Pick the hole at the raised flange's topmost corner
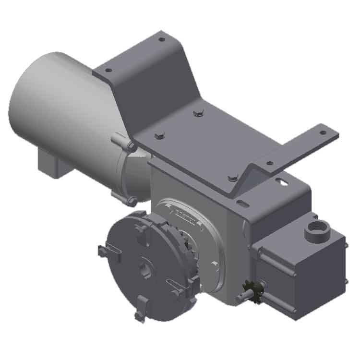point(162,39)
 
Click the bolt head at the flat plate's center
point(197,113)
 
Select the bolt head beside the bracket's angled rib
point(233,178)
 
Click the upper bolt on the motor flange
point(130,145)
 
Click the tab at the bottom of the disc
point(139,314)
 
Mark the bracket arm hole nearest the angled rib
point(270,164)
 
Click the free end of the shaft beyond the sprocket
point(239,298)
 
